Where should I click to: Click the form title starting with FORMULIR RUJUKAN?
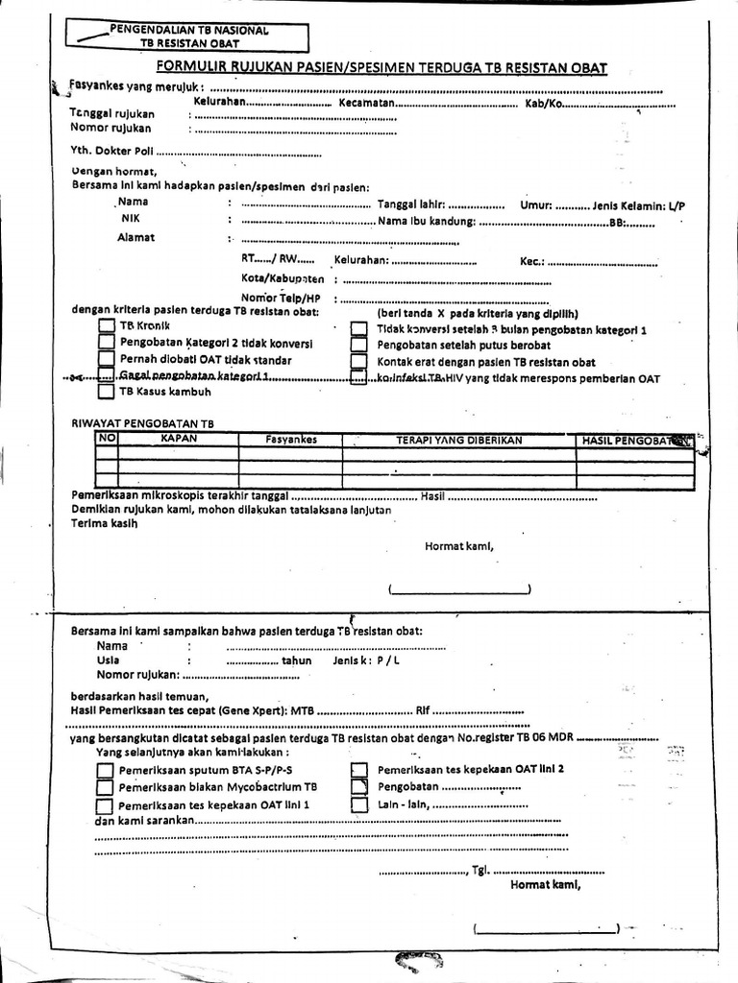coord(382,67)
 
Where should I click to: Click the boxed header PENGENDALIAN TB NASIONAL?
coord(189,36)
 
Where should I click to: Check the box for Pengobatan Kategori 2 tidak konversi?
coord(106,344)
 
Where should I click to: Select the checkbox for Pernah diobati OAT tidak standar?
coord(106,360)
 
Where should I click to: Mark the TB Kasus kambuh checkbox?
coord(106,392)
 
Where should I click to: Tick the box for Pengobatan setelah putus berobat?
coord(358,345)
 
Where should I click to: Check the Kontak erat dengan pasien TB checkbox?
coord(358,362)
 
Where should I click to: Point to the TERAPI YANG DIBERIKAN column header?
coord(458,440)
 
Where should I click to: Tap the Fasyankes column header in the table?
coord(290,440)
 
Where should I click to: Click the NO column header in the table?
coord(106,439)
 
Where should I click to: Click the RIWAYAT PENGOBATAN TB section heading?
coord(143,422)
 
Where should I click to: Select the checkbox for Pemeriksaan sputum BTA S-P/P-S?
coord(105,770)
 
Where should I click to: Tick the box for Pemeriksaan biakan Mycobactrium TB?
coord(105,787)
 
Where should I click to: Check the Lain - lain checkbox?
coord(358,805)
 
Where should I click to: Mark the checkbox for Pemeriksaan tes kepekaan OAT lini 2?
coord(358,770)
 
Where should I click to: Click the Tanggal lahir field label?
coord(410,204)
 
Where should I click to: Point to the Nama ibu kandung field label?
coord(427,222)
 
